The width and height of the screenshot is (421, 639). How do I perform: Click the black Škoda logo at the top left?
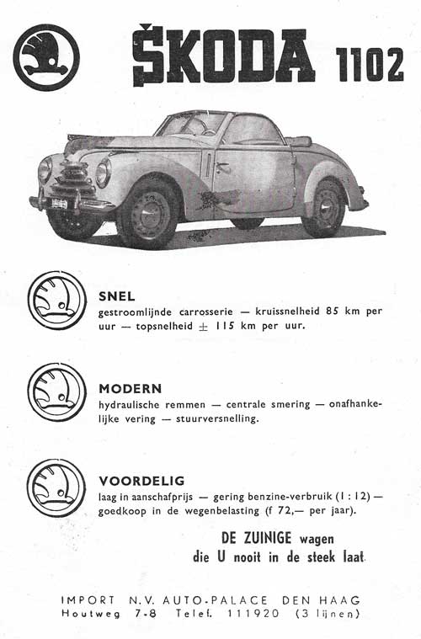pos(46,57)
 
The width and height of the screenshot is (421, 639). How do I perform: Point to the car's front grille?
pos(72,181)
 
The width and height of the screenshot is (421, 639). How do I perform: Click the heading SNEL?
pos(116,296)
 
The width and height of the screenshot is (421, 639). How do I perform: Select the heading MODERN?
pos(130,389)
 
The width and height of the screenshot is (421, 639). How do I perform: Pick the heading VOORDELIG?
pos(141,481)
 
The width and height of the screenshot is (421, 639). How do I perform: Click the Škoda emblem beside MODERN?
pos(56,393)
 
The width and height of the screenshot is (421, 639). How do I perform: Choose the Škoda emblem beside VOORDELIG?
pos(56,487)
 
